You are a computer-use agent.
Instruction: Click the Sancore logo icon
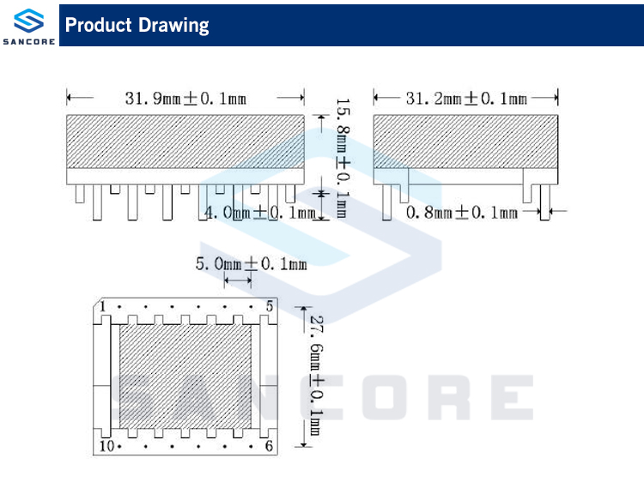pos(28,21)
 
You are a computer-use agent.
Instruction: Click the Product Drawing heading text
pos(137,25)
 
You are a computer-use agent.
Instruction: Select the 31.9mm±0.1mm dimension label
pos(185,99)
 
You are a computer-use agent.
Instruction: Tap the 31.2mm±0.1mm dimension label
pos(466,99)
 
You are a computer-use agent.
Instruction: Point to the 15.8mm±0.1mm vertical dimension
pos(343,158)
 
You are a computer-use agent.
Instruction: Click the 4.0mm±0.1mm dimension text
pos(260,213)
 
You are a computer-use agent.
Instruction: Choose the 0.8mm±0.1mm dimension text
pos(462,213)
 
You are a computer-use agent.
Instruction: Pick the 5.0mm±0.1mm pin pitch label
pos(252,263)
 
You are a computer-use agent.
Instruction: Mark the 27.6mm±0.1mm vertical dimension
pos(316,376)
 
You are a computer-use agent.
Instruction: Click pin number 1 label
pos(102,306)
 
